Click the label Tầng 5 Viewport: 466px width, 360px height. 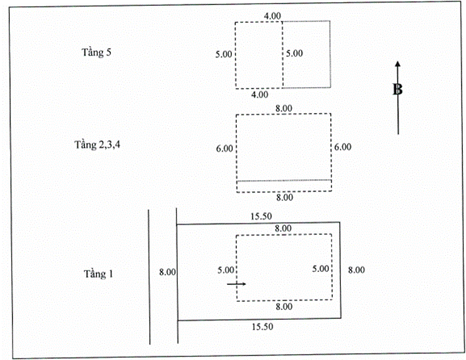[96, 52]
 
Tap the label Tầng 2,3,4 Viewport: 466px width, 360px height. [97, 144]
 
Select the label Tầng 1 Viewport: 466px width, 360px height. [99, 274]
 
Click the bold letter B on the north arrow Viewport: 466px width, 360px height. [397, 90]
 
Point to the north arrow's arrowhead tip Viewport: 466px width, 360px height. [397, 61]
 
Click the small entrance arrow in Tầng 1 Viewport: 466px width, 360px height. [237, 284]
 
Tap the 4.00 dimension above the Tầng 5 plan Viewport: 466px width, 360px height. [272, 16]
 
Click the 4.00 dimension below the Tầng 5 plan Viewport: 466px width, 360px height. [260, 94]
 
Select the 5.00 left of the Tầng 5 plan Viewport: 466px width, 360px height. [224, 54]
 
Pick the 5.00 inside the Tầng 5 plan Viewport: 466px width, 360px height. [294, 53]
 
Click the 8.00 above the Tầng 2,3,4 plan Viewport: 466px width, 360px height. [283, 108]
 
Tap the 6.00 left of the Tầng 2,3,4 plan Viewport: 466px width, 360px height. [225, 149]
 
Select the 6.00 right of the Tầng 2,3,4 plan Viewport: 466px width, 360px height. [342, 147]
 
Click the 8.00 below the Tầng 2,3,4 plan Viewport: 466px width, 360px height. [284, 197]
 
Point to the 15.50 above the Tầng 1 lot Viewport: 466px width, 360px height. [261, 216]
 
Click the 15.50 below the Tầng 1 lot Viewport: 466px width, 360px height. [262, 327]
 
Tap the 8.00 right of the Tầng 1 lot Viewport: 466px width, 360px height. [356, 270]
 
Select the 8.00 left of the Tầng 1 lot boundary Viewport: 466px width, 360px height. [167, 272]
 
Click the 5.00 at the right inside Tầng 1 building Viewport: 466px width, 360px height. [321, 269]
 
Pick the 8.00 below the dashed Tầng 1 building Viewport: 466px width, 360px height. [283, 307]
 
